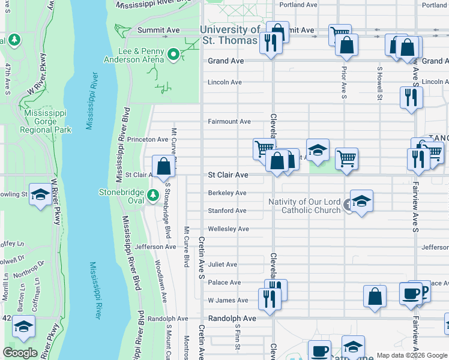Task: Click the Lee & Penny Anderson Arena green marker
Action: (174, 55)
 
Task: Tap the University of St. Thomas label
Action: (231, 35)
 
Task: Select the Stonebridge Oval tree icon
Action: (153, 195)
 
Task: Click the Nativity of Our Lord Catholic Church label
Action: (305, 206)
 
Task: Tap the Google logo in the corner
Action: (20, 352)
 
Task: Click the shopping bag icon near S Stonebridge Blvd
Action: (163, 166)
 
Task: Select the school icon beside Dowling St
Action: (40, 194)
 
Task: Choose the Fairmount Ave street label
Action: (229, 121)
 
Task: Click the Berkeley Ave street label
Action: (227, 193)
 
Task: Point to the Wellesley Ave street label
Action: (228, 229)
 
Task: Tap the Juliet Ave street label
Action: (223, 265)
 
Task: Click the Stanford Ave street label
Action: (227, 211)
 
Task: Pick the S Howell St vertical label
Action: (379, 83)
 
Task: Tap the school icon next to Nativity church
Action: (361, 201)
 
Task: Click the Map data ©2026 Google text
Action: (412, 355)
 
